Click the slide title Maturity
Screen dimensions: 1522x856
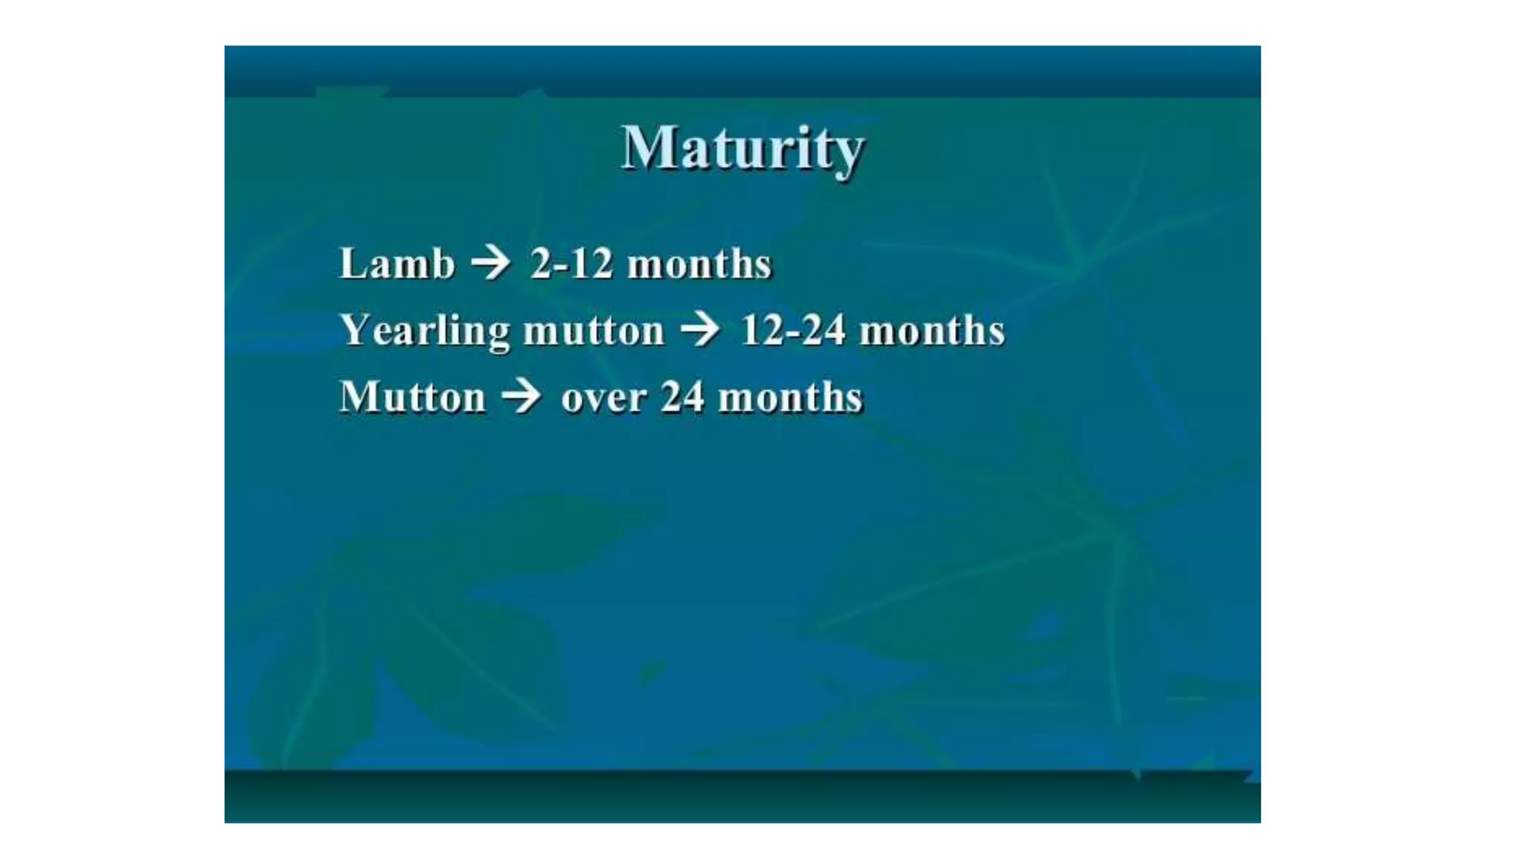click(742, 149)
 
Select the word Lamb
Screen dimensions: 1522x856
click(397, 263)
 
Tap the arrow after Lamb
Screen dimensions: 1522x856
click(491, 264)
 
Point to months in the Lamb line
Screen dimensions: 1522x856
click(699, 264)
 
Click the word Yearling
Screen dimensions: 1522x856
click(425, 331)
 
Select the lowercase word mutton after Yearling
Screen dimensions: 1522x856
click(594, 331)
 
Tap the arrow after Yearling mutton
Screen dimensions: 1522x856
click(701, 330)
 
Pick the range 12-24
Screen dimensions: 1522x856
click(793, 330)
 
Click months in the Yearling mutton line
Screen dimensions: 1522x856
click(932, 330)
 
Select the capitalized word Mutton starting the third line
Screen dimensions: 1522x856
click(412, 397)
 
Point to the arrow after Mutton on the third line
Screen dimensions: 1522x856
click(522, 397)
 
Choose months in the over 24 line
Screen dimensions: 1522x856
click(791, 397)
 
